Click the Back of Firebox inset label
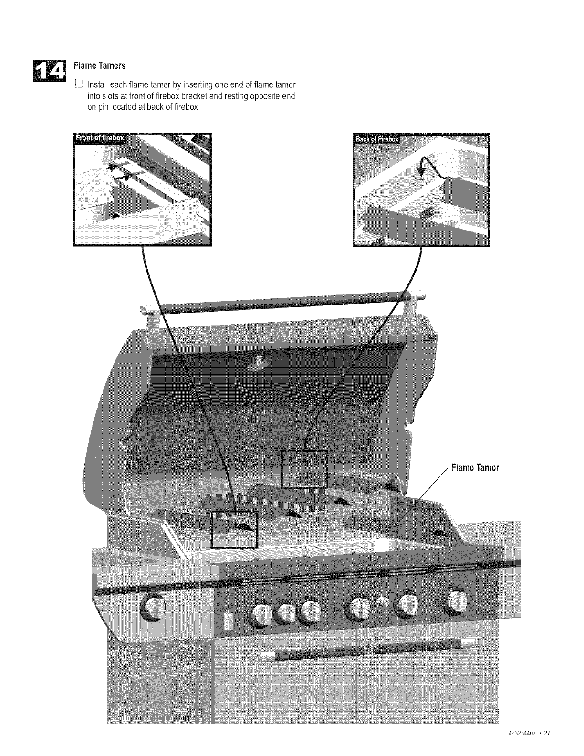(x=376, y=139)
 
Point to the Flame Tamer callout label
(x=475, y=468)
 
